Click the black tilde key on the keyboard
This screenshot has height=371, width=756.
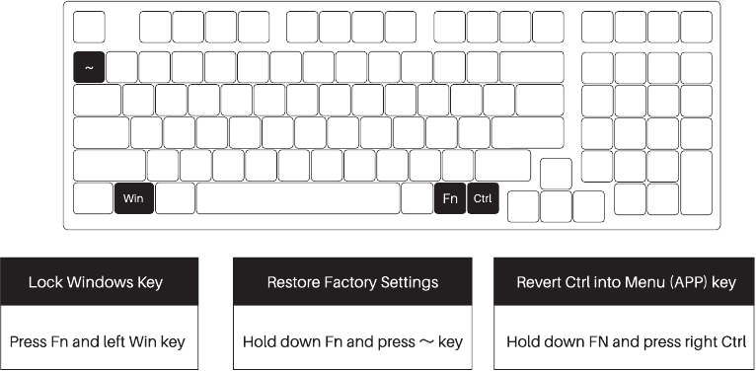[89, 67]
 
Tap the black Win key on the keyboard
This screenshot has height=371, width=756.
[133, 198]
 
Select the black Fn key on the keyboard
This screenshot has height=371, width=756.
[450, 198]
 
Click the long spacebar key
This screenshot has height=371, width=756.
[297, 198]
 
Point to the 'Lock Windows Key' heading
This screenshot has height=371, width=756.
[96, 282]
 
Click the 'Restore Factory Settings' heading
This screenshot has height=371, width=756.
[352, 282]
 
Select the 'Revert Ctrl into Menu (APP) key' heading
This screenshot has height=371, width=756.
[626, 282]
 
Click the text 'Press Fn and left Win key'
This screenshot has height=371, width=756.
[98, 342]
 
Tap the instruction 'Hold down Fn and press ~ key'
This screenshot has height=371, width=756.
[352, 342]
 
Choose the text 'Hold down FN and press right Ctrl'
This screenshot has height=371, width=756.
[626, 342]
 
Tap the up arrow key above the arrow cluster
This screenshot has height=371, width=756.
[556, 174]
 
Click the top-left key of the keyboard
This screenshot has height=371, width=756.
[89, 28]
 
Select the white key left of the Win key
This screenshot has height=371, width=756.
[93, 198]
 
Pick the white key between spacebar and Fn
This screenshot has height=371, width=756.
[416, 198]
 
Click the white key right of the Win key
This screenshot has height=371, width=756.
[175, 198]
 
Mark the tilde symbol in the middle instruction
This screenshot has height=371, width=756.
[424, 342]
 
